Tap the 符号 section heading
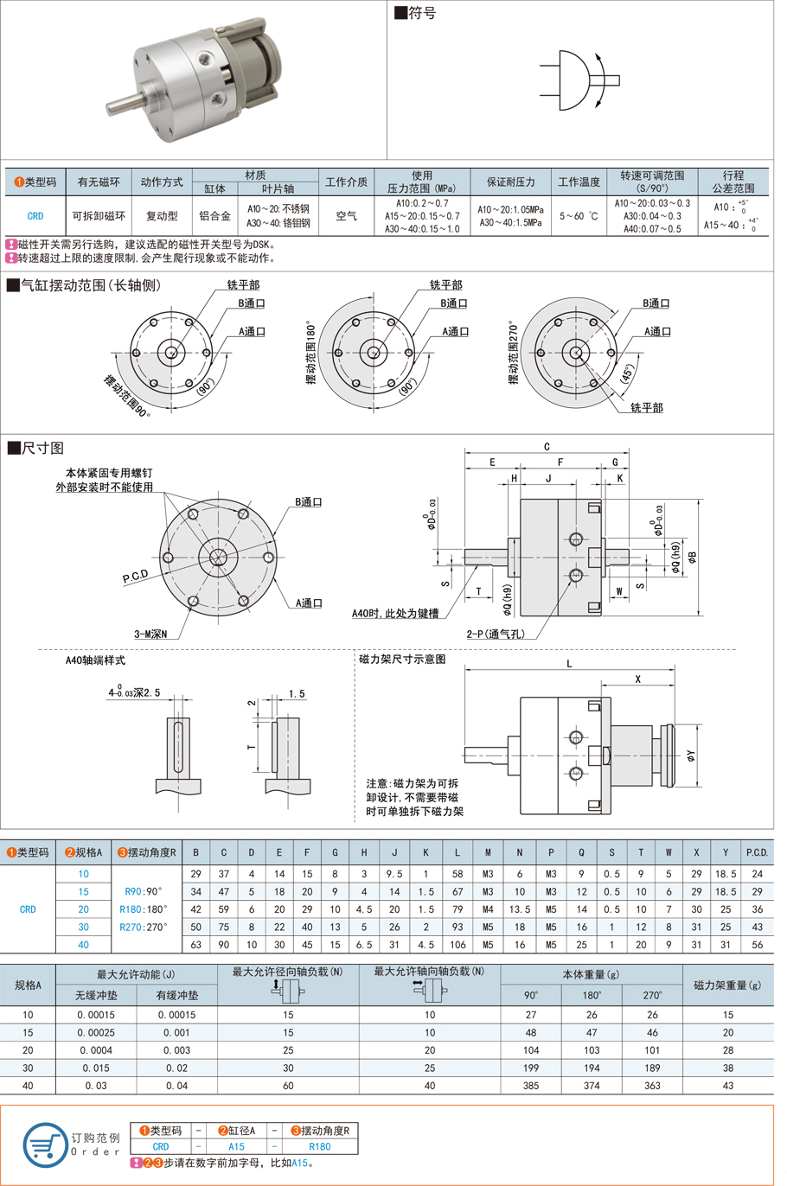(x=416, y=13)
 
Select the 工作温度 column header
(x=579, y=182)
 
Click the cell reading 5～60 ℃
(x=579, y=216)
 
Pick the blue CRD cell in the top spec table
(x=35, y=216)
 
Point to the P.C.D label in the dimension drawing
(x=135, y=576)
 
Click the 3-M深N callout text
(x=150, y=634)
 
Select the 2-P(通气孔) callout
(x=496, y=634)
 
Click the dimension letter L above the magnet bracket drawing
(x=569, y=664)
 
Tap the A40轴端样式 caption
(x=95, y=660)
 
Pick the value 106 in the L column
(x=457, y=945)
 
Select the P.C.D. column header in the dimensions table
(x=757, y=852)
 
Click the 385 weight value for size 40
(x=531, y=1086)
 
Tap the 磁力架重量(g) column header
(x=727, y=985)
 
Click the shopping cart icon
(x=44, y=1145)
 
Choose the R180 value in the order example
(x=319, y=1146)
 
